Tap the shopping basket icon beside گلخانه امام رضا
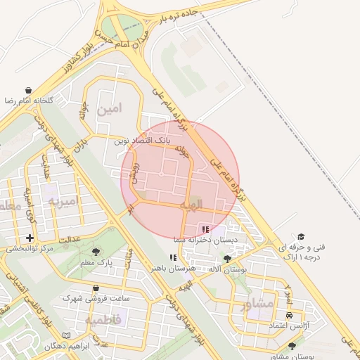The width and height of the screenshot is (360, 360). [x=27, y=91]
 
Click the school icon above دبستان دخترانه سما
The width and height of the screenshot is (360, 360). [x=205, y=229]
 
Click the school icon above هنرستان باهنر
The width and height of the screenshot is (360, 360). [x=173, y=257]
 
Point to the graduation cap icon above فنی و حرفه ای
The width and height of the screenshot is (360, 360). [x=301, y=237]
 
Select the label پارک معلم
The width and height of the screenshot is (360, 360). [x=96, y=262]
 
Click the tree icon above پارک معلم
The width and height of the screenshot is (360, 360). [x=96, y=251]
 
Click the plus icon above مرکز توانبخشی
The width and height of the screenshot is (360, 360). [x=30, y=238]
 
